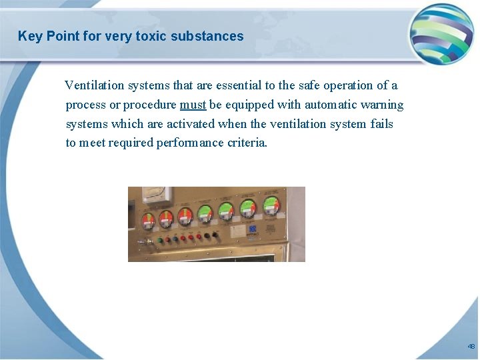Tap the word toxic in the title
coord(150,36)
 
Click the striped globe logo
coord(441,34)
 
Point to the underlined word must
coord(193,105)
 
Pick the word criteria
coord(247,143)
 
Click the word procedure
coord(150,105)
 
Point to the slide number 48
coord(471,347)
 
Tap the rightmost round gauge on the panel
coord(271,205)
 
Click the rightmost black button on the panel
coord(215,235)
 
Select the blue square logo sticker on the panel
coord(253,228)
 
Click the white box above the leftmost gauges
coord(157,195)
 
